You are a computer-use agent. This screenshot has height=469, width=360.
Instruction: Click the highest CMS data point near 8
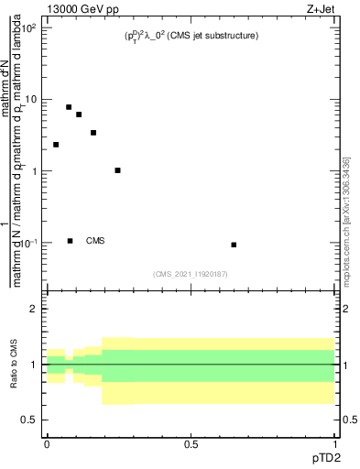point(69,107)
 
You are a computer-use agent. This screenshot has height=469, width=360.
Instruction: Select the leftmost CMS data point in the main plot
point(56,145)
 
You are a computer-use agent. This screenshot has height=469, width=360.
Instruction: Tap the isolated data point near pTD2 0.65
point(235,245)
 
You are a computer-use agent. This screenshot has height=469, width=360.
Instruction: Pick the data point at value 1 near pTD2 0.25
point(118,170)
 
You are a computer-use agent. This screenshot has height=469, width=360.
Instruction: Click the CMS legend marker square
point(71,241)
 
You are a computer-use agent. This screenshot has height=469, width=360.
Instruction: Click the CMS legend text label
point(95,241)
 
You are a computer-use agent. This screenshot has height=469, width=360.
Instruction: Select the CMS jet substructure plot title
point(191,36)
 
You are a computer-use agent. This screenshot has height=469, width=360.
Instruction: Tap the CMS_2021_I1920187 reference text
point(191,273)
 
